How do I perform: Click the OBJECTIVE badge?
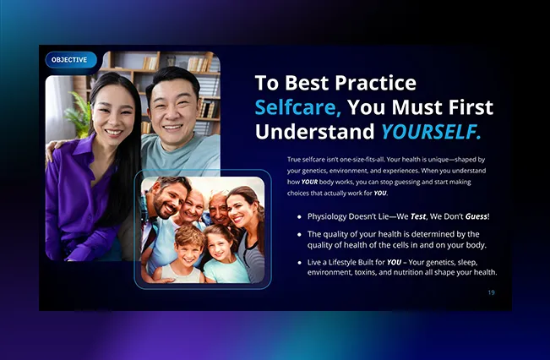[71, 60]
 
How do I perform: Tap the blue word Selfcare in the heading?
[298, 107]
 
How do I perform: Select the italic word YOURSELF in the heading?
[431, 132]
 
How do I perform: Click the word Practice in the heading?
[376, 83]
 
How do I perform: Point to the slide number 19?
[491, 292]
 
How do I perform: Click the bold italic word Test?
[418, 216]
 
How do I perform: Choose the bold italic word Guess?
[476, 216]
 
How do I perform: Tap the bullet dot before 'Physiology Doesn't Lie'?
[299, 217]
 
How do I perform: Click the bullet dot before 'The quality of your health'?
[299, 234]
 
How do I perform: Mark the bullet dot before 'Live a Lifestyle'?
[299, 263]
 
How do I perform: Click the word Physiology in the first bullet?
[327, 217]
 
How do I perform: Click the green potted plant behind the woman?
[78, 114]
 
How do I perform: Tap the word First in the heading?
[471, 107]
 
